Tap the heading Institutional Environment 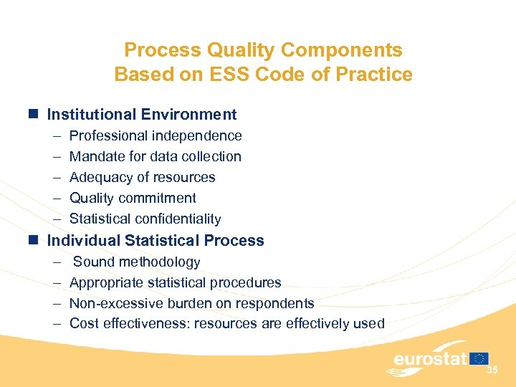pos(141,114)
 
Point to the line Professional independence pos(156,135)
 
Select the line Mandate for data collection pos(155,156)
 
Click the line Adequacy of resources pos(142,177)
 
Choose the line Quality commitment pos(133,198)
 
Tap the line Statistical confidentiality pos(145,219)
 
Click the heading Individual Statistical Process pos(155,240)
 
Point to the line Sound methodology pos(136,262)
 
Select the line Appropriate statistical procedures pos(175,282)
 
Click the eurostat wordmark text pos(429,359)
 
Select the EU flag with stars pos(479,358)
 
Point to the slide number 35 pos(492,371)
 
